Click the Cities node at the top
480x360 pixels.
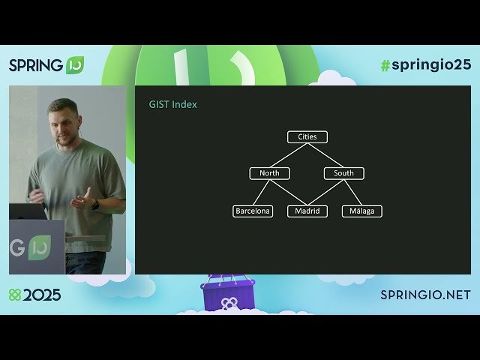[307, 137]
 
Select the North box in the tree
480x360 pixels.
[269, 173]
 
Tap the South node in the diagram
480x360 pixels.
[343, 173]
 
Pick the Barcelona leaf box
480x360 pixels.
[253, 211]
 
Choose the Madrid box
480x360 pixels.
[307, 211]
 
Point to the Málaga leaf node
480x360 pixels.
[361, 211]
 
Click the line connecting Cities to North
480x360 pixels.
[289, 155]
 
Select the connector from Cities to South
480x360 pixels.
[325, 155]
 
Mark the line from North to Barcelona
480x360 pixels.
[261, 193]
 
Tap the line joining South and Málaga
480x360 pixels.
[352, 193]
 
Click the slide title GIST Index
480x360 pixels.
[173, 105]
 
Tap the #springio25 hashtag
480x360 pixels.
[425, 64]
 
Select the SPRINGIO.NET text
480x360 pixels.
[425, 295]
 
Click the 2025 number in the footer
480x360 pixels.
[42, 295]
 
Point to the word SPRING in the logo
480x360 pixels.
[36, 65]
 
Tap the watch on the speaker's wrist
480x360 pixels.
[95, 204]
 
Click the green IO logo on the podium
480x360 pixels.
[39, 248]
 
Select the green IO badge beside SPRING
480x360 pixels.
[75, 65]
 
